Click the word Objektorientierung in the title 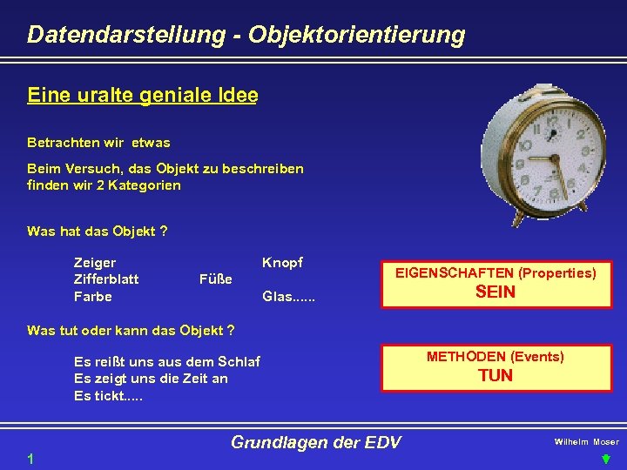pyautogui.click(x=356, y=35)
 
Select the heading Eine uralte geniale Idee pyautogui.click(x=142, y=96)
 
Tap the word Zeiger pyautogui.click(x=95, y=262)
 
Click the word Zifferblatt pyautogui.click(x=106, y=279)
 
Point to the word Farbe pyautogui.click(x=93, y=297)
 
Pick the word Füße pyautogui.click(x=216, y=279)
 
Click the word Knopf pyautogui.click(x=283, y=262)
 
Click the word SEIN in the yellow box pyautogui.click(x=495, y=292)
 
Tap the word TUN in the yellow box pyautogui.click(x=495, y=376)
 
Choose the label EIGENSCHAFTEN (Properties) pyautogui.click(x=496, y=273)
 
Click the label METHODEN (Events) pyautogui.click(x=495, y=357)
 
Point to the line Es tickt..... pyautogui.click(x=109, y=396)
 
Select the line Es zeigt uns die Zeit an pyautogui.click(x=151, y=379)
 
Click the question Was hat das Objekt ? pyautogui.click(x=98, y=231)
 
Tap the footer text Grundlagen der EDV pyautogui.click(x=315, y=442)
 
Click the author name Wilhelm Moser pyautogui.click(x=586, y=442)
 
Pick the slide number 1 pyautogui.click(x=30, y=459)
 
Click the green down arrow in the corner pyautogui.click(x=606, y=459)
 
